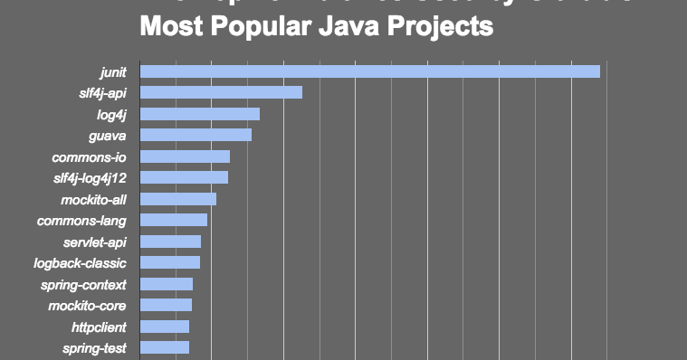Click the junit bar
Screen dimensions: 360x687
click(x=369, y=71)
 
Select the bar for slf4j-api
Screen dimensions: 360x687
click(x=221, y=92)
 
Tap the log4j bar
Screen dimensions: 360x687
click(x=200, y=114)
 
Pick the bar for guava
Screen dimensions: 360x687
click(x=196, y=135)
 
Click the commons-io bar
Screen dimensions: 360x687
click(x=185, y=156)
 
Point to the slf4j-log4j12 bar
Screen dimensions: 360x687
click(x=184, y=177)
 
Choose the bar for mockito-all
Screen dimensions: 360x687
click(x=178, y=199)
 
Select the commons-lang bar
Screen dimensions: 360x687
click(x=174, y=220)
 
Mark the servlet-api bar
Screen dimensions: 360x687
click(x=170, y=242)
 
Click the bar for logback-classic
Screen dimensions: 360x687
click(x=170, y=262)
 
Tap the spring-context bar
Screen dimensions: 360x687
click(x=167, y=284)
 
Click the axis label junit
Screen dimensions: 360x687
click(x=112, y=71)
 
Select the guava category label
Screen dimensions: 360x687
click(x=107, y=136)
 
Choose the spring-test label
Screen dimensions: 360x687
click(x=94, y=348)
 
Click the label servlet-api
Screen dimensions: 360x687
click(x=94, y=242)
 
